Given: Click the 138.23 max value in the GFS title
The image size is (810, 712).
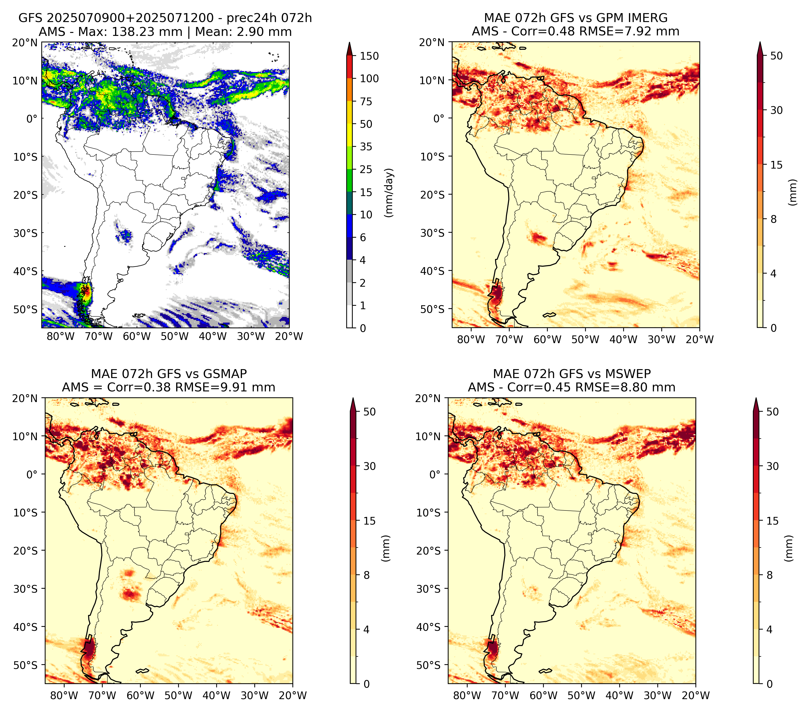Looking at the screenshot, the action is tap(128, 32).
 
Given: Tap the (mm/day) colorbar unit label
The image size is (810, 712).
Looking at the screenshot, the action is tap(389, 193).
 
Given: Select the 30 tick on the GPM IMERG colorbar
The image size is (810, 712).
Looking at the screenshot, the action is tap(777, 110).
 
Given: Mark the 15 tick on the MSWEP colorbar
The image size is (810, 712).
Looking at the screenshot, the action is tap(773, 521).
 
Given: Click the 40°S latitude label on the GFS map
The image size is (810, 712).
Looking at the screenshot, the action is tap(25, 272).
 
